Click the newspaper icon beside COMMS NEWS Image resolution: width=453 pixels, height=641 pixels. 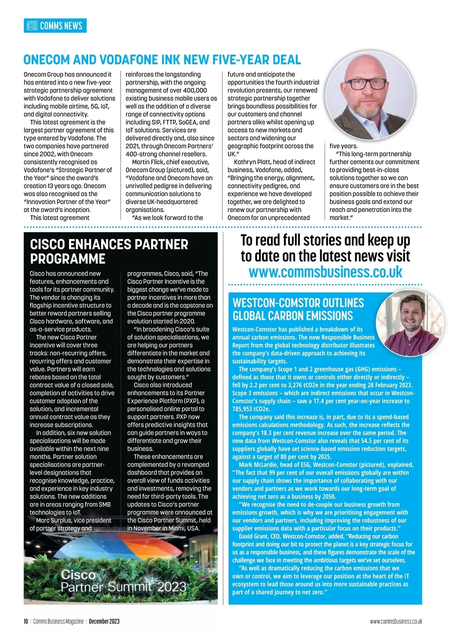tap(33, 26)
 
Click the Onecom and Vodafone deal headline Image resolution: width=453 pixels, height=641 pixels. tap(162, 60)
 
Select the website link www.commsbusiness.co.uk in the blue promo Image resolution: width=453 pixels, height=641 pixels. tap(325, 272)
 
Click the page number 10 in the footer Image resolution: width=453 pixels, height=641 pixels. tap(26, 621)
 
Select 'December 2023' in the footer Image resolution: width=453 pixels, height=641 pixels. tap(104, 621)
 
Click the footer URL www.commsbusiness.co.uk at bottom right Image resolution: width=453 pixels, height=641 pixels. tap(396, 621)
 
